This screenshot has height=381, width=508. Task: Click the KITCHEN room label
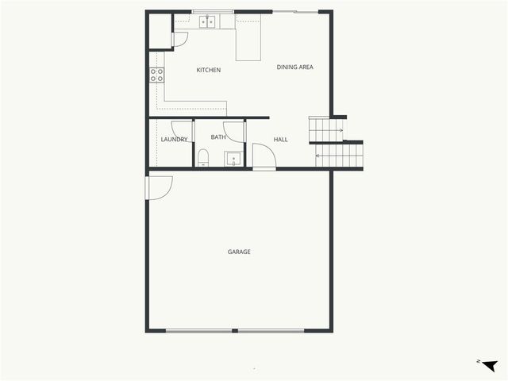[x=209, y=71]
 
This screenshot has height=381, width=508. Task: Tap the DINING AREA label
[x=294, y=67]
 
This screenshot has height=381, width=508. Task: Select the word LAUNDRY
[x=174, y=140]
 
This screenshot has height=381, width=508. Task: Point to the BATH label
[x=218, y=137]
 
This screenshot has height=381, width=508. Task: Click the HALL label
[x=280, y=140]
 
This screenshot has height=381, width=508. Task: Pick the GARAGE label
[x=239, y=252]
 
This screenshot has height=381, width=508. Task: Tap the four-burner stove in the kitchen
[x=157, y=75]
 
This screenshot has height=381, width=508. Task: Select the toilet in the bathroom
[x=203, y=156]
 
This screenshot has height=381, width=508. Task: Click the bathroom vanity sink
[x=233, y=159]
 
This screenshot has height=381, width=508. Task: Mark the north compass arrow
[x=488, y=364]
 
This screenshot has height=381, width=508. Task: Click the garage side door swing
[x=159, y=188]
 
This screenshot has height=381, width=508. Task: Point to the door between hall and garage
[x=264, y=156]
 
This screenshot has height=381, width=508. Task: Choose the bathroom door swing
[x=235, y=133]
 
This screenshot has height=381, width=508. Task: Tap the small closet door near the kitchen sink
[x=180, y=39]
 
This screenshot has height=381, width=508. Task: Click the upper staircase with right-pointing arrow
[x=326, y=129]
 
